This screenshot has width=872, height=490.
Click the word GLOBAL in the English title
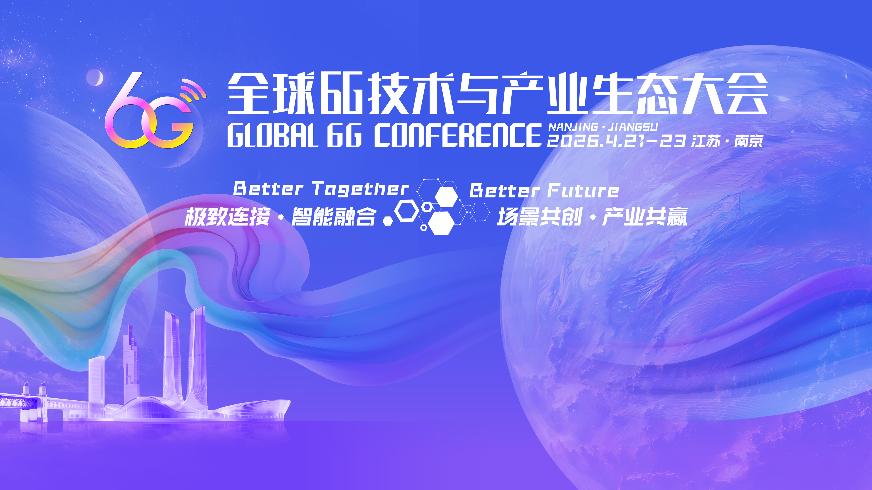272,135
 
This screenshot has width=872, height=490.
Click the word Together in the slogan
361,189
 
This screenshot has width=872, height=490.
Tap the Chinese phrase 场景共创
540,217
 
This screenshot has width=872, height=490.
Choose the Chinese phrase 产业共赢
645,217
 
